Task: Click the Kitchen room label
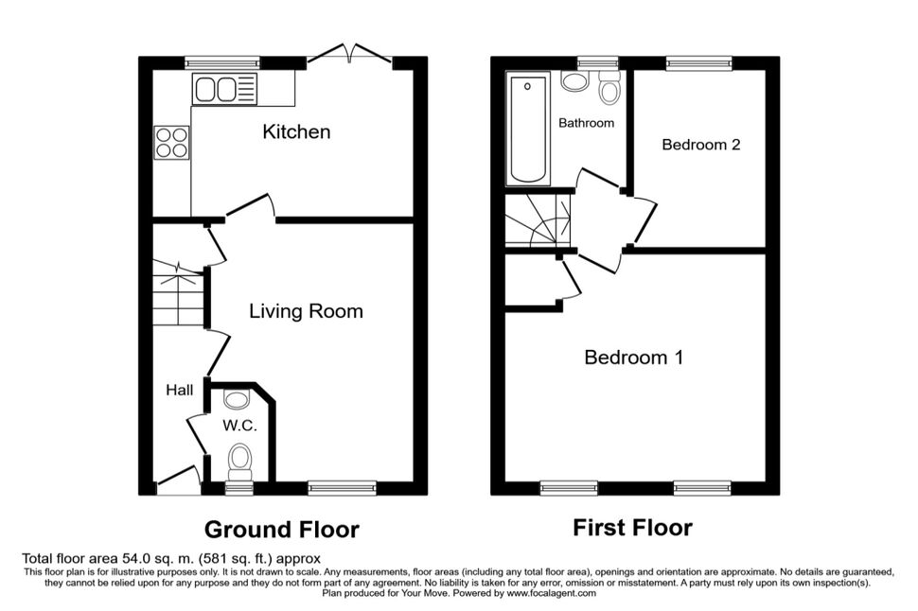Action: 296,131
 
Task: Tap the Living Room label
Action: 307,311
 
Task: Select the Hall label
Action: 179,390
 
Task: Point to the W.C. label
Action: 239,426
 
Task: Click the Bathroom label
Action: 586,123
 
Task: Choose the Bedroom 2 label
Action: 700,145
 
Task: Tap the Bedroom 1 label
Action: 633,357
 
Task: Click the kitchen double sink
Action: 225,90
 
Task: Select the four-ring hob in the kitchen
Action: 172,143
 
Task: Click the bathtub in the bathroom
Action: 528,129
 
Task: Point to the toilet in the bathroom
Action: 609,89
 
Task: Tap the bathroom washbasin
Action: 574,81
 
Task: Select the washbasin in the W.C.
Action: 236,400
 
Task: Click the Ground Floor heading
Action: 282,530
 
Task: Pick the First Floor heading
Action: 632,528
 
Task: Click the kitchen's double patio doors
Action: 349,53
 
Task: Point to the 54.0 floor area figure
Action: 137,558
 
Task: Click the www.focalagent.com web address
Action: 552,593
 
